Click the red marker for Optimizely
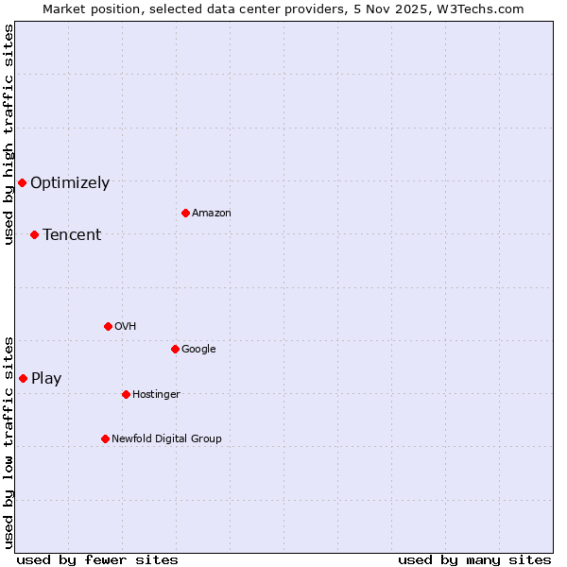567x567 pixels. (22, 182)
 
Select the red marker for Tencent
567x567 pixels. (34, 234)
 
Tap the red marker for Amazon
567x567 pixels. (185, 213)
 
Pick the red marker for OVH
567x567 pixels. (108, 326)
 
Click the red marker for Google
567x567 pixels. (175, 349)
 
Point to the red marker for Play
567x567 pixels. (23, 378)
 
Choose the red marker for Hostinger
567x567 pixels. (126, 394)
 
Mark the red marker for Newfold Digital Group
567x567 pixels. (105, 438)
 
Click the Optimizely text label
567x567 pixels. (70, 183)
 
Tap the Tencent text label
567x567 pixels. (72, 235)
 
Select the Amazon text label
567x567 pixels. (212, 214)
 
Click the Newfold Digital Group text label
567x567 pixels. (166, 438)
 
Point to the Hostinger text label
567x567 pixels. (156, 395)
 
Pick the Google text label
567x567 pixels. (198, 350)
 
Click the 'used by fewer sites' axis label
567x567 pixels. (97, 559)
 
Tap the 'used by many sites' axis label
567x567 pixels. (474, 559)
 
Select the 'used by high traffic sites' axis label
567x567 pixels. (9, 134)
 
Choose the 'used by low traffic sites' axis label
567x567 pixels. (9, 441)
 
